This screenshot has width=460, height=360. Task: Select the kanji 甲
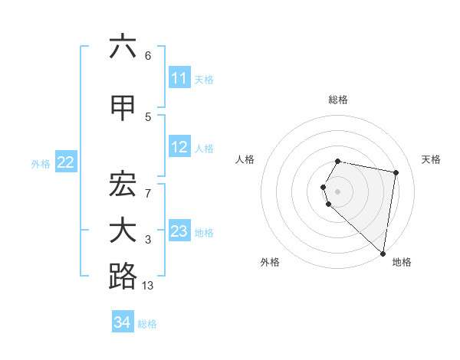(x=123, y=108)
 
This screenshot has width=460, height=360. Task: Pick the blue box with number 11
(x=179, y=78)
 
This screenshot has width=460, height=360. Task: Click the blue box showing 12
(x=179, y=147)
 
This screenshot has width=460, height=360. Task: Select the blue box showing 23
(x=179, y=231)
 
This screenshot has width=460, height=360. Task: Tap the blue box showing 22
(x=66, y=162)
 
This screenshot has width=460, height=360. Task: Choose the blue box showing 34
(x=123, y=322)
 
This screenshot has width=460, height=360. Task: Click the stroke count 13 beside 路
(x=148, y=286)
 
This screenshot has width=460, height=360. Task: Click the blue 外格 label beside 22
(x=41, y=163)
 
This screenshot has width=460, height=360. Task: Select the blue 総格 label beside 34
(x=147, y=324)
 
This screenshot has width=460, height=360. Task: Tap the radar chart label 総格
(x=338, y=100)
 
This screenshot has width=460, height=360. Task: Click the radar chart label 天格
(x=431, y=159)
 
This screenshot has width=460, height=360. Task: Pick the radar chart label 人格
(x=245, y=159)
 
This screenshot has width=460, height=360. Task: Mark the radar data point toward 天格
(x=396, y=173)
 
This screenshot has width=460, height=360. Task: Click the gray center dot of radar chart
(x=338, y=191)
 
